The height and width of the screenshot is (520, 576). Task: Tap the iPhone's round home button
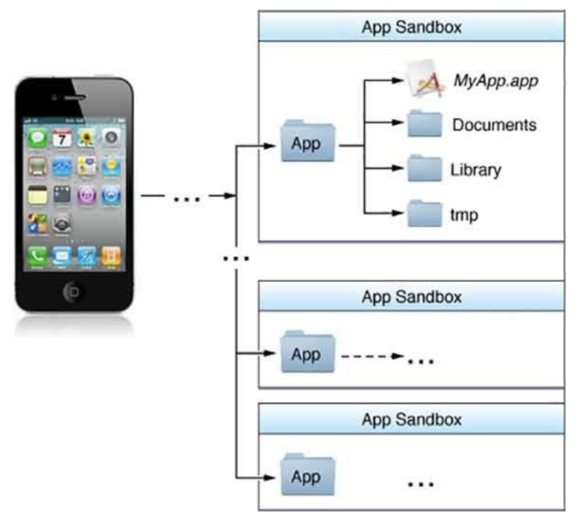coord(74,291)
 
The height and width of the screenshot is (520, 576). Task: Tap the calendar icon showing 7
coord(61,139)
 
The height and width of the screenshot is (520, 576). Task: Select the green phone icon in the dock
coord(37,255)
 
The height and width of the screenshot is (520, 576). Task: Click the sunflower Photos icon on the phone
coord(86,139)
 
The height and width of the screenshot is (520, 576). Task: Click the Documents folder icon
coord(425,124)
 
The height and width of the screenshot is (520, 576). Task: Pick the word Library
coord(475,169)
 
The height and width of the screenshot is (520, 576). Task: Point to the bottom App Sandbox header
coord(412,420)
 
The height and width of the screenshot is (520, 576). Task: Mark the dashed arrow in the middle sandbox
coord(373,356)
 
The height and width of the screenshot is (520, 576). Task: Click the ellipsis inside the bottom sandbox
coord(420,485)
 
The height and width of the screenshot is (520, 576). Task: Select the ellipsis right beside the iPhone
coord(187,199)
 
